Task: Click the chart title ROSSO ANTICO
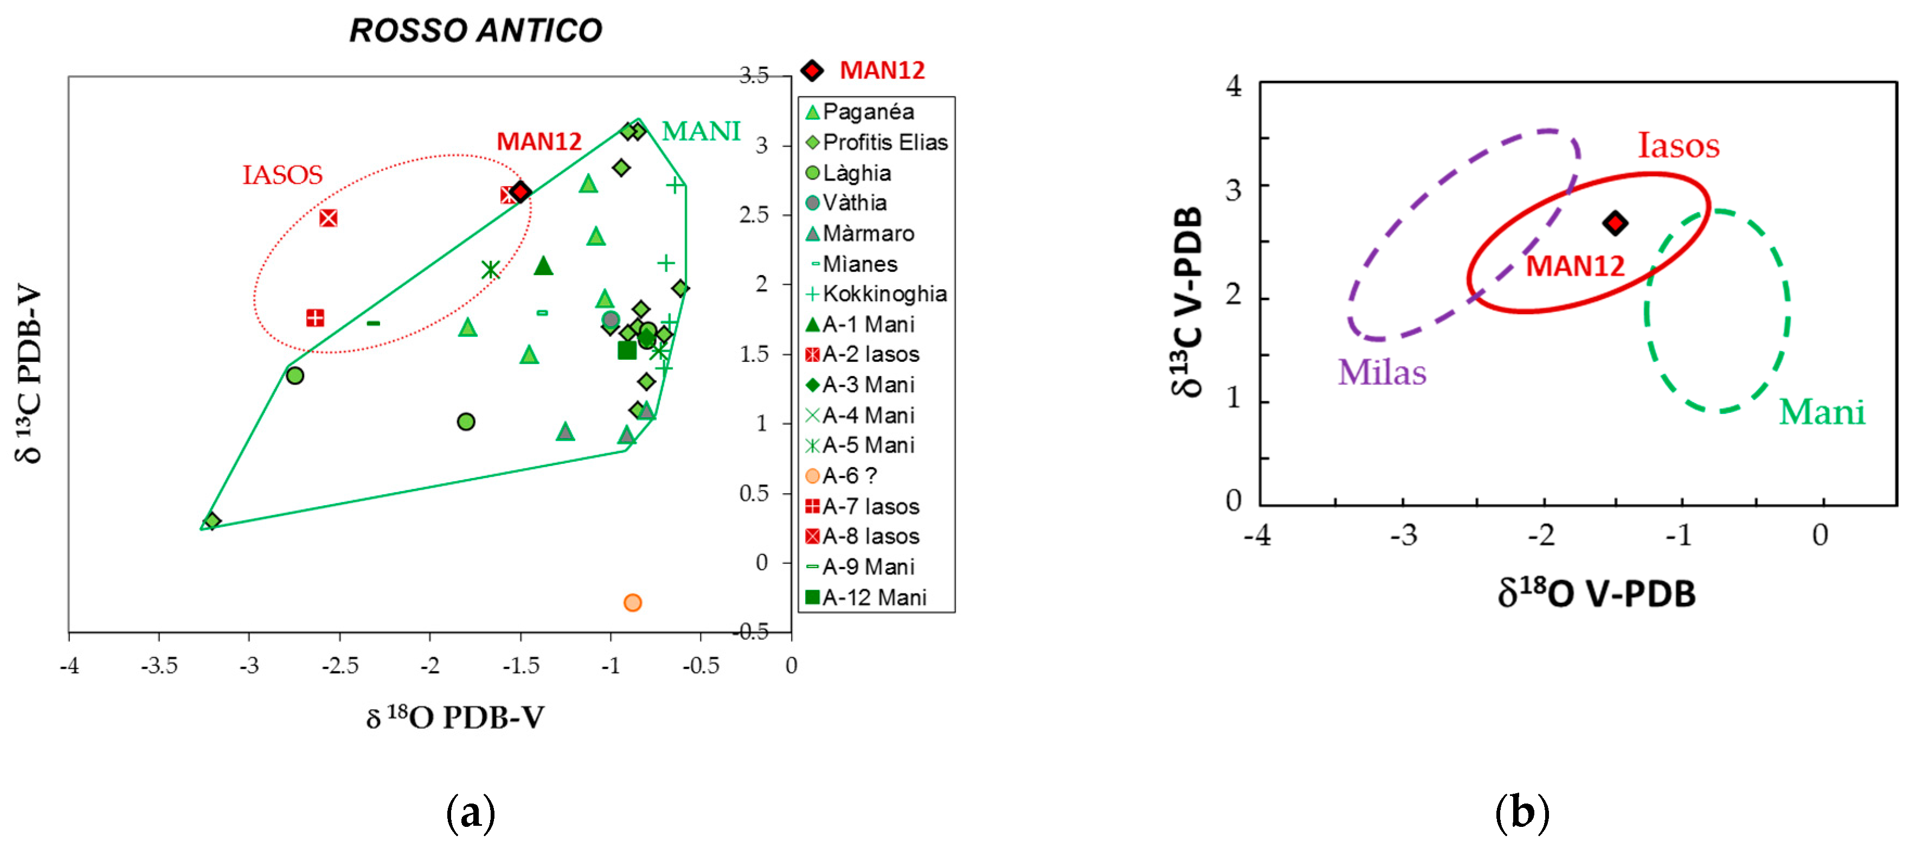pos(475,30)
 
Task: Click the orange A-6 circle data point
pos(632,602)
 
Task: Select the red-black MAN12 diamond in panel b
pos(1615,222)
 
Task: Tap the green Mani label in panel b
pos(1821,412)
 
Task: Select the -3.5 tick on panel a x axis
pos(159,665)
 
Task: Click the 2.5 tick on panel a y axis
pos(754,215)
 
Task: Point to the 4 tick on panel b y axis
pos(1233,87)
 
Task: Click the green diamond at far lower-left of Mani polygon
pos(212,521)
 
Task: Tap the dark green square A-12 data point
pos(627,350)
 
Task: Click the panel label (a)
pos(470,813)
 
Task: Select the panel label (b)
pos(1521,813)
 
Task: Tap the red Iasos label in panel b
pos(1678,145)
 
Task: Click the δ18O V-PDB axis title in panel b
pos(1596,594)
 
